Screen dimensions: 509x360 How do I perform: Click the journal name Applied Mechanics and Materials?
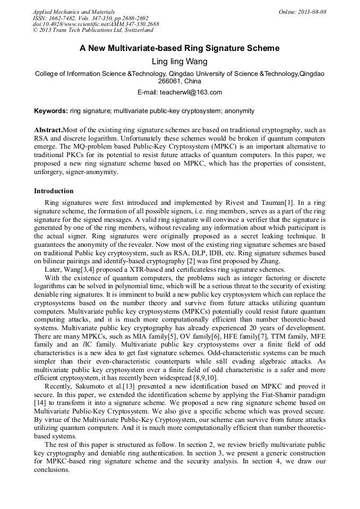[x=73, y=12]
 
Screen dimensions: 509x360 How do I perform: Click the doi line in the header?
[x=96, y=24]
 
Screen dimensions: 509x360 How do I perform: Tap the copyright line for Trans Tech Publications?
[x=93, y=31]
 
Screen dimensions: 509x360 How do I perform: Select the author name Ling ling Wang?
[x=179, y=62]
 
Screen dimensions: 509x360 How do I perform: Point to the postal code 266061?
[x=170, y=81]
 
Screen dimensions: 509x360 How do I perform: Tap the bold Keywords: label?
[x=51, y=111]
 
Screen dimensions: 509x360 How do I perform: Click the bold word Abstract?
[x=48, y=130]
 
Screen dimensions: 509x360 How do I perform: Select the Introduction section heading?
[x=54, y=191]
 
